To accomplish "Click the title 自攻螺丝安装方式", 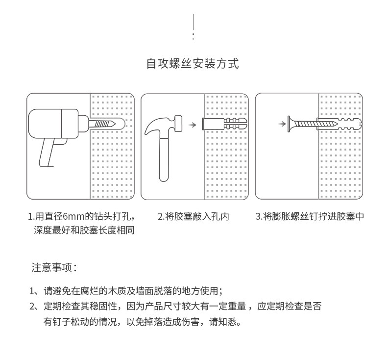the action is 193,64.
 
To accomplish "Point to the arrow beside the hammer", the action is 193,125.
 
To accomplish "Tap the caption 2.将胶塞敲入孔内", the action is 193,216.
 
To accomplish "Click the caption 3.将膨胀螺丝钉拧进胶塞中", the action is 310,216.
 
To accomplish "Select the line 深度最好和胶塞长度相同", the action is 84,230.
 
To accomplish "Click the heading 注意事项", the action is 54,268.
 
